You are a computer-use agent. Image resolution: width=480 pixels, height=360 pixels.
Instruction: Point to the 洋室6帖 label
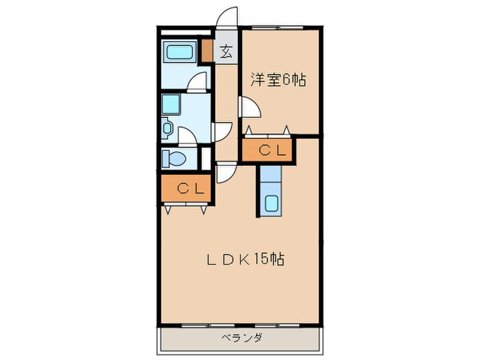pos(277,80)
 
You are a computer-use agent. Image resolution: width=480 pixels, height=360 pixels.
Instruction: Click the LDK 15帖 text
pos(246,260)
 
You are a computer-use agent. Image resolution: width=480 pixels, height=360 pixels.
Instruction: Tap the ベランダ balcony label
pos(241,337)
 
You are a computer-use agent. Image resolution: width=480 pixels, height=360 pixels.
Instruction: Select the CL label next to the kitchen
pos(267,150)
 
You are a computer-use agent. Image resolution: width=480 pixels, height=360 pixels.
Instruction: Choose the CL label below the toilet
pos(187,189)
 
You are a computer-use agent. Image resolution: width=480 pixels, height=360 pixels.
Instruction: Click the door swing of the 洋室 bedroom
pos(248,108)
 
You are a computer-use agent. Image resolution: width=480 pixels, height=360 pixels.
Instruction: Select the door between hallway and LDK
pos(224,172)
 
